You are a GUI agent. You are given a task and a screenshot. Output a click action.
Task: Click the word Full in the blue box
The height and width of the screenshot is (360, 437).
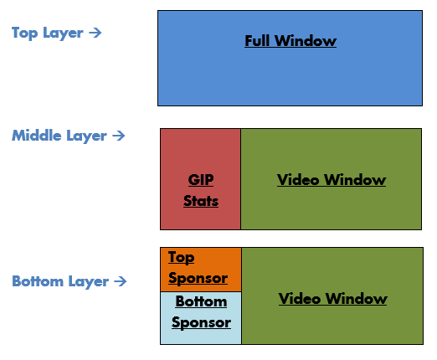point(259,41)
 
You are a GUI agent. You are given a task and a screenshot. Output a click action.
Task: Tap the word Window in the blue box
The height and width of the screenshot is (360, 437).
point(306,41)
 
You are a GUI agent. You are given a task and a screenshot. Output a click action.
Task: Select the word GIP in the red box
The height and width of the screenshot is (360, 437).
point(201,181)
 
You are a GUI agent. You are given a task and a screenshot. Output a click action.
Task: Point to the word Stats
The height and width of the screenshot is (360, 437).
point(201,201)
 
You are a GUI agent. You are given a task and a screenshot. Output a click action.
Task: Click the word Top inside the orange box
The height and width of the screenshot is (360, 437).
point(182,258)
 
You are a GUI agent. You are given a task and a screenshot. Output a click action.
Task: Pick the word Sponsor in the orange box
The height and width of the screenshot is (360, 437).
point(198,278)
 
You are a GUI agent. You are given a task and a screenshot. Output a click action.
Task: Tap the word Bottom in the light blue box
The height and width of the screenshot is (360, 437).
point(201,302)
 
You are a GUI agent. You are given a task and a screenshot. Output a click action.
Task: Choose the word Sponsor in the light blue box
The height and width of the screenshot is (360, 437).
point(201,322)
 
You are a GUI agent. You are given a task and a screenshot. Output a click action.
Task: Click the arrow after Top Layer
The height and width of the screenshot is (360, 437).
point(95,33)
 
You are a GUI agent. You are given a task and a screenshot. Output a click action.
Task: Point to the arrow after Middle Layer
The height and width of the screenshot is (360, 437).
point(118,136)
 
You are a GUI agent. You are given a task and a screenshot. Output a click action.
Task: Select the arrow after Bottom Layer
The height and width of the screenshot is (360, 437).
point(121,282)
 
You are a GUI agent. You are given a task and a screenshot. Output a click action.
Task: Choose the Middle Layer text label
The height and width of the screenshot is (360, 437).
point(59,136)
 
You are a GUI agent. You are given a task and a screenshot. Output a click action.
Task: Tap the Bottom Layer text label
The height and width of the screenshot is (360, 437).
point(60,282)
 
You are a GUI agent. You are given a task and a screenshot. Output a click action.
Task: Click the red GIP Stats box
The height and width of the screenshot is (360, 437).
point(200,155)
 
